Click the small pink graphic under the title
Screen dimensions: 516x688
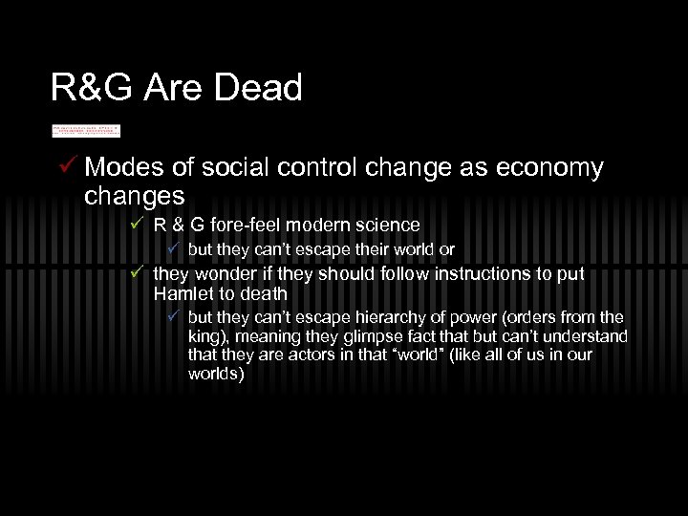86,131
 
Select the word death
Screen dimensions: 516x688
264,293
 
